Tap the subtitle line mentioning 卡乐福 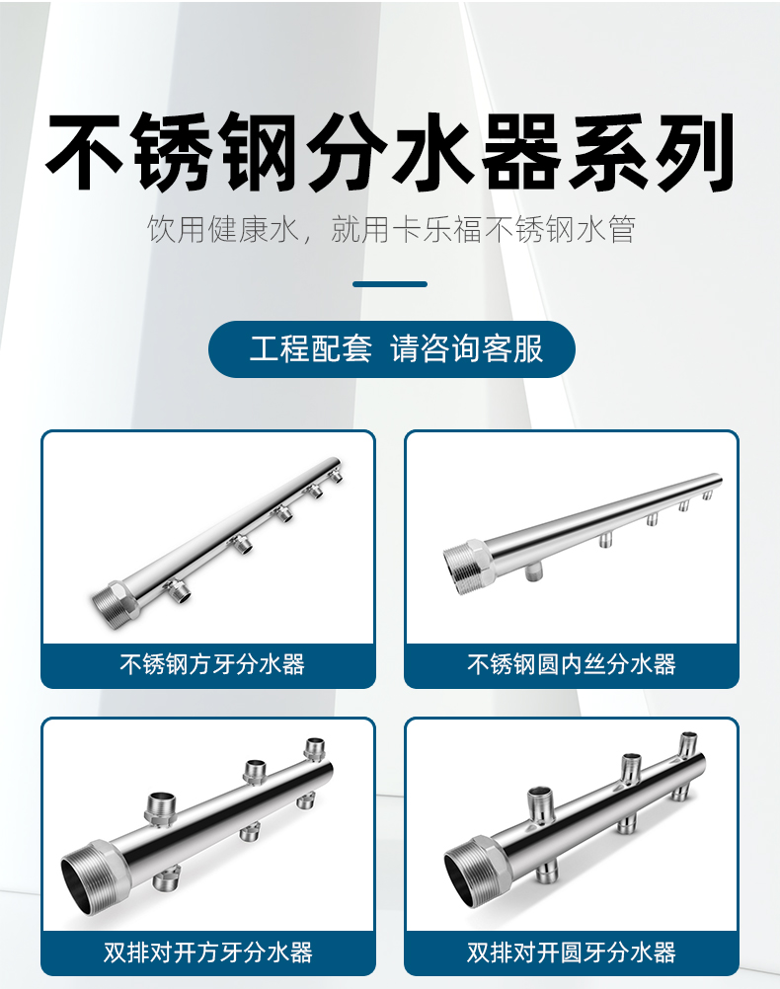click(390, 230)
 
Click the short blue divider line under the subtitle click(390, 284)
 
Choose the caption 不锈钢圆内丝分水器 click(571, 663)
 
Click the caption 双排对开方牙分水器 click(207, 951)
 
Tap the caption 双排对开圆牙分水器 click(571, 951)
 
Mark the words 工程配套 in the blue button click(310, 349)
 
